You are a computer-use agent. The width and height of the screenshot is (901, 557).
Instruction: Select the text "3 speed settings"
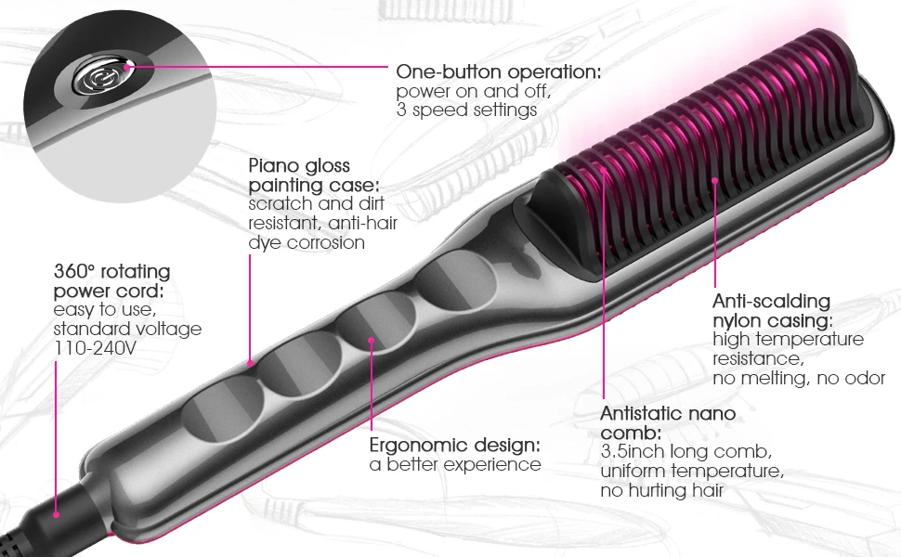466,110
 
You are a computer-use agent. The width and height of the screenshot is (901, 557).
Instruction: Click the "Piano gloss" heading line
299,165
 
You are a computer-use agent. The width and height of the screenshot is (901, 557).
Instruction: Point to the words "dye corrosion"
307,242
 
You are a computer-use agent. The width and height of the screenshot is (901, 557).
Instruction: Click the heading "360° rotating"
111,272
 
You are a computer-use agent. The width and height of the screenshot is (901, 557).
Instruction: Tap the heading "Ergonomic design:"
455,445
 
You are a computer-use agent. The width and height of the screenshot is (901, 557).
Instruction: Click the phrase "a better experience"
455,464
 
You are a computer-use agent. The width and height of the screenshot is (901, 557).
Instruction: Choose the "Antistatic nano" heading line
668,413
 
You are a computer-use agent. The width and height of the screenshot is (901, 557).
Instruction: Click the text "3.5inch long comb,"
686,452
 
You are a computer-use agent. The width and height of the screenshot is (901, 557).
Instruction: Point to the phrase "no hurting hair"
661,491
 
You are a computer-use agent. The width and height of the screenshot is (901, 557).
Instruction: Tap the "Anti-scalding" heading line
771,302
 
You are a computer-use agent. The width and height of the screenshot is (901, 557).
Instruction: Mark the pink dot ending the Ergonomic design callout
371,341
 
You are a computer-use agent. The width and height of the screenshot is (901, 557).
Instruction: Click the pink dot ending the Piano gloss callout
251,362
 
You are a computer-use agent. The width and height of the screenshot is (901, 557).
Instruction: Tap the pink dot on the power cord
56,512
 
